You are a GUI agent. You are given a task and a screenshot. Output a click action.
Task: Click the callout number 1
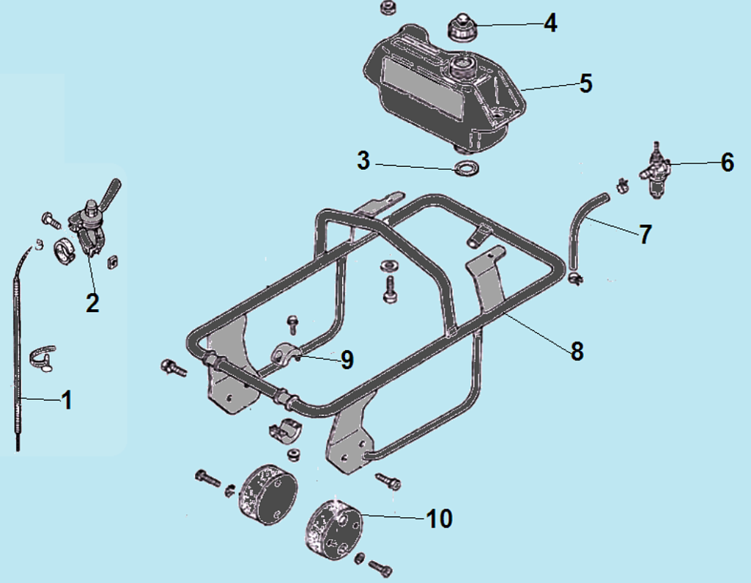[x=67, y=400]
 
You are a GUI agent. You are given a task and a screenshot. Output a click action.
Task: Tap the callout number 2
[x=92, y=302]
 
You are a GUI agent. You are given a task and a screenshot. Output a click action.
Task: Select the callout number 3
[x=363, y=160]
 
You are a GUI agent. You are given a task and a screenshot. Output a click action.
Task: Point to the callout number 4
[x=550, y=23]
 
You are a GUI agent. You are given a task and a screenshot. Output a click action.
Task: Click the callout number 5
[x=585, y=83]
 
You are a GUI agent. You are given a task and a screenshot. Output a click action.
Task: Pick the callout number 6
[x=727, y=163]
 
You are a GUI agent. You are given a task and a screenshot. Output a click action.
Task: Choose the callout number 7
[x=645, y=234]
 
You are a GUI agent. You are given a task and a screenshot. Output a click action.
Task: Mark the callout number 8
[x=577, y=351]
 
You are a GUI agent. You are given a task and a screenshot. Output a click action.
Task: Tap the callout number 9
[x=347, y=360]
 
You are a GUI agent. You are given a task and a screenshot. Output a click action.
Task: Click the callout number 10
[x=439, y=519]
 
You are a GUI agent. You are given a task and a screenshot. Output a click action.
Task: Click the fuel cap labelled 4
[x=460, y=28]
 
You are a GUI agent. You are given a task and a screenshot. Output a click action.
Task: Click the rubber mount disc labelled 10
[x=334, y=529]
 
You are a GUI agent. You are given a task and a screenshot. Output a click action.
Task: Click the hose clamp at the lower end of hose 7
[x=574, y=277]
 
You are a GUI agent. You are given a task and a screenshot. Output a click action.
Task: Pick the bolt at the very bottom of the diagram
[x=381, y=568]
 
